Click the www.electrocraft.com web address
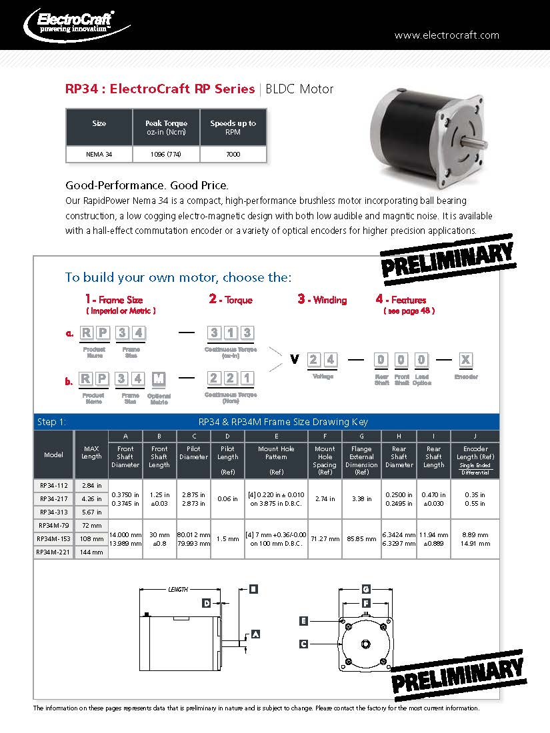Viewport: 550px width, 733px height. [447, 35]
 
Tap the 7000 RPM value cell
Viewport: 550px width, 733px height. [233, 155]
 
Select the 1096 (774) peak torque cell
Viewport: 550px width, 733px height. [166, 155]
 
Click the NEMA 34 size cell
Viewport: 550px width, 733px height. [99, 155]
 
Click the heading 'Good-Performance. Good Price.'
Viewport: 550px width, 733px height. [147, 185]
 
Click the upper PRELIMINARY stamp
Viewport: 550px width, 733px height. [447, 259]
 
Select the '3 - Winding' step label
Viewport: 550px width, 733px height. [322, 300]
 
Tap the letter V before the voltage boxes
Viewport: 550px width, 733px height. [294, 360]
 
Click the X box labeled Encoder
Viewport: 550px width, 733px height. [465, 360]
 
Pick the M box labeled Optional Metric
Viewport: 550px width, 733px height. [158, 379]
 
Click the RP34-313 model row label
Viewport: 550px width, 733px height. [53, 512]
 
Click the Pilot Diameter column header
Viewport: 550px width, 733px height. [194, 453]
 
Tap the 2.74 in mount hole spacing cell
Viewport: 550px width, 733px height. [325, 498]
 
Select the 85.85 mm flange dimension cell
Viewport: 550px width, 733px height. [361, 538]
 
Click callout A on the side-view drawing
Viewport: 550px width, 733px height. [255, 634]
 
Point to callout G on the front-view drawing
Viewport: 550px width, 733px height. [365, 589]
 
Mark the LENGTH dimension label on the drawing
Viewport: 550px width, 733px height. [178, 590]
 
